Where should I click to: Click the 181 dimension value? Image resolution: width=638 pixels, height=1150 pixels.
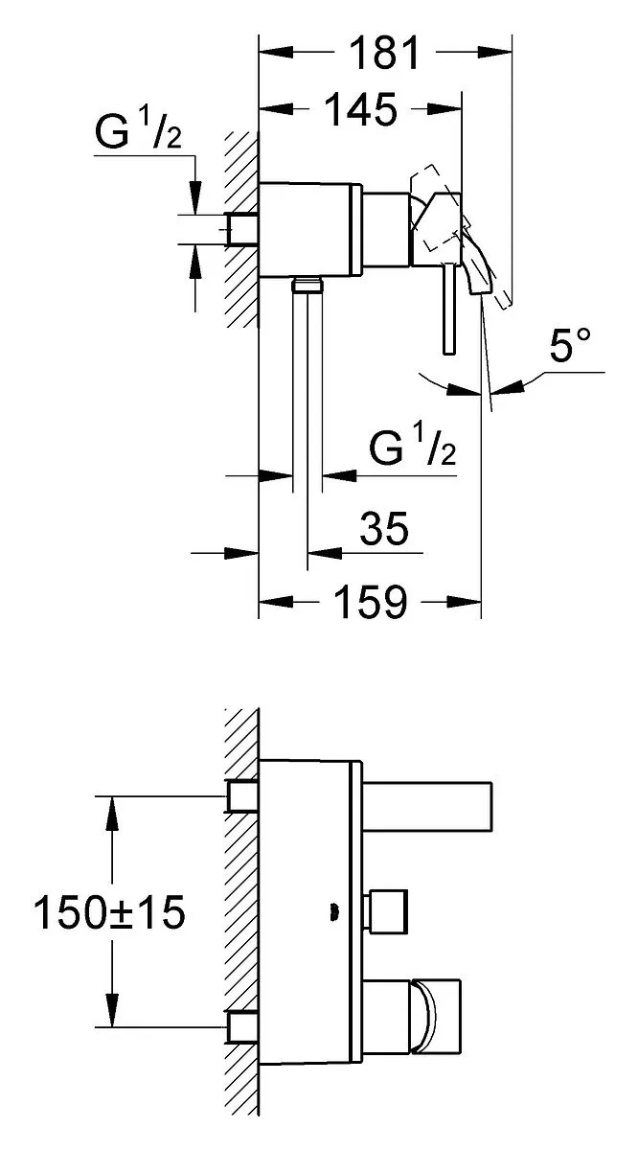pos(384,53)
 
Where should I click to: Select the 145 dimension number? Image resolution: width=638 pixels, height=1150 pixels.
pos(362,110)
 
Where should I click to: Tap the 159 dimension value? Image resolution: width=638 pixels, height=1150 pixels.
pos(371,601)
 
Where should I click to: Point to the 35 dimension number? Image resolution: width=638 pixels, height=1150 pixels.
pos(384,528)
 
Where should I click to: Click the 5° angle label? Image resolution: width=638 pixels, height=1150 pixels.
pos(570,344)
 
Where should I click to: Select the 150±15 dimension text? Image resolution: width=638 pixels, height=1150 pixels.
pos(109,911)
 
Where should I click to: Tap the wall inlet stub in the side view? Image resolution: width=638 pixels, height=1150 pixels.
pos(242,229)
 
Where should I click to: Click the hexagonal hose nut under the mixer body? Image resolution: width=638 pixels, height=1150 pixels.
pos(307,284)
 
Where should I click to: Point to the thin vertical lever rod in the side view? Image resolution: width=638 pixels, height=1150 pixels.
pos(449,309)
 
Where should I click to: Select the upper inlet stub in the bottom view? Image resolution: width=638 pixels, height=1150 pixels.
pos(242,795)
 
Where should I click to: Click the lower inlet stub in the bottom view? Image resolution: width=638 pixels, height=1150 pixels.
pos(242,1027)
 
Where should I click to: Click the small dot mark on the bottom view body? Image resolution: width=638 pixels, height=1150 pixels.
pos(333,911)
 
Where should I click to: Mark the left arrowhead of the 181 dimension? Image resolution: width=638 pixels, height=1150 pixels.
pos(276,52)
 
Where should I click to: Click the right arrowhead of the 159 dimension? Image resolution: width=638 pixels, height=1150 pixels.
pos(464,602)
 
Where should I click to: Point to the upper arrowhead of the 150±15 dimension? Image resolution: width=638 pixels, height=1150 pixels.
pos(112,814)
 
